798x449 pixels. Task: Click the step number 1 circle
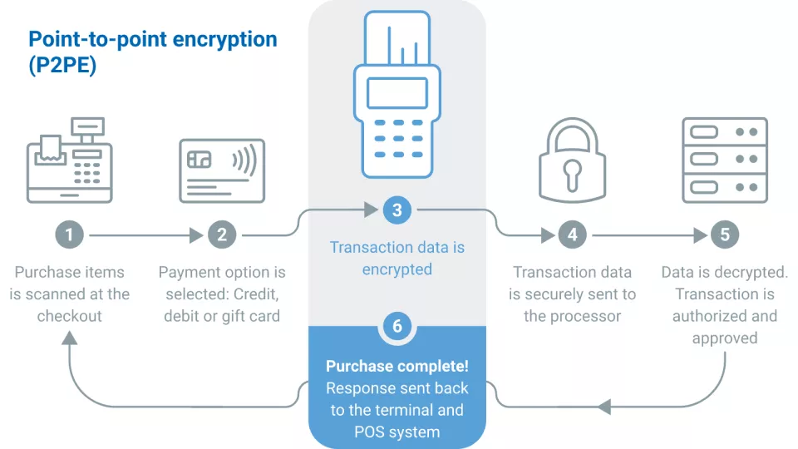69,235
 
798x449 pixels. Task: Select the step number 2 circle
222,235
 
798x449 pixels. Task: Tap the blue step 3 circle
397,210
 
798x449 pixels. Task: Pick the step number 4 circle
573,235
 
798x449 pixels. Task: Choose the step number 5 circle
725,235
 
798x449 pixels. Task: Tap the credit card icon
222,170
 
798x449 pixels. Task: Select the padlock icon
572,162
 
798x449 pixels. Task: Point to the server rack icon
725,160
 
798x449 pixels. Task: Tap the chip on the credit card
200,160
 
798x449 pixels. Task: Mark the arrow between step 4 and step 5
648,235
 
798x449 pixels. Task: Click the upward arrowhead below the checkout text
70,338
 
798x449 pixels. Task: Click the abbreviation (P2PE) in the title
62,66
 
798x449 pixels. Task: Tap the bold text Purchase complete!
397,367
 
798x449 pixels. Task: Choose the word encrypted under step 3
397,269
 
